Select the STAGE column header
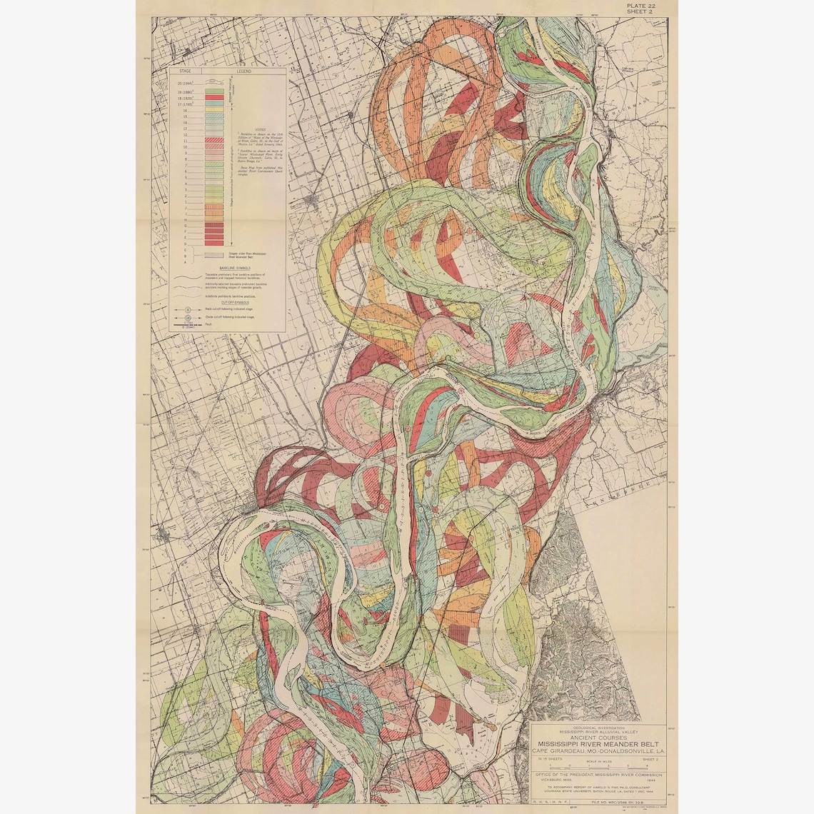coord(186,72)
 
